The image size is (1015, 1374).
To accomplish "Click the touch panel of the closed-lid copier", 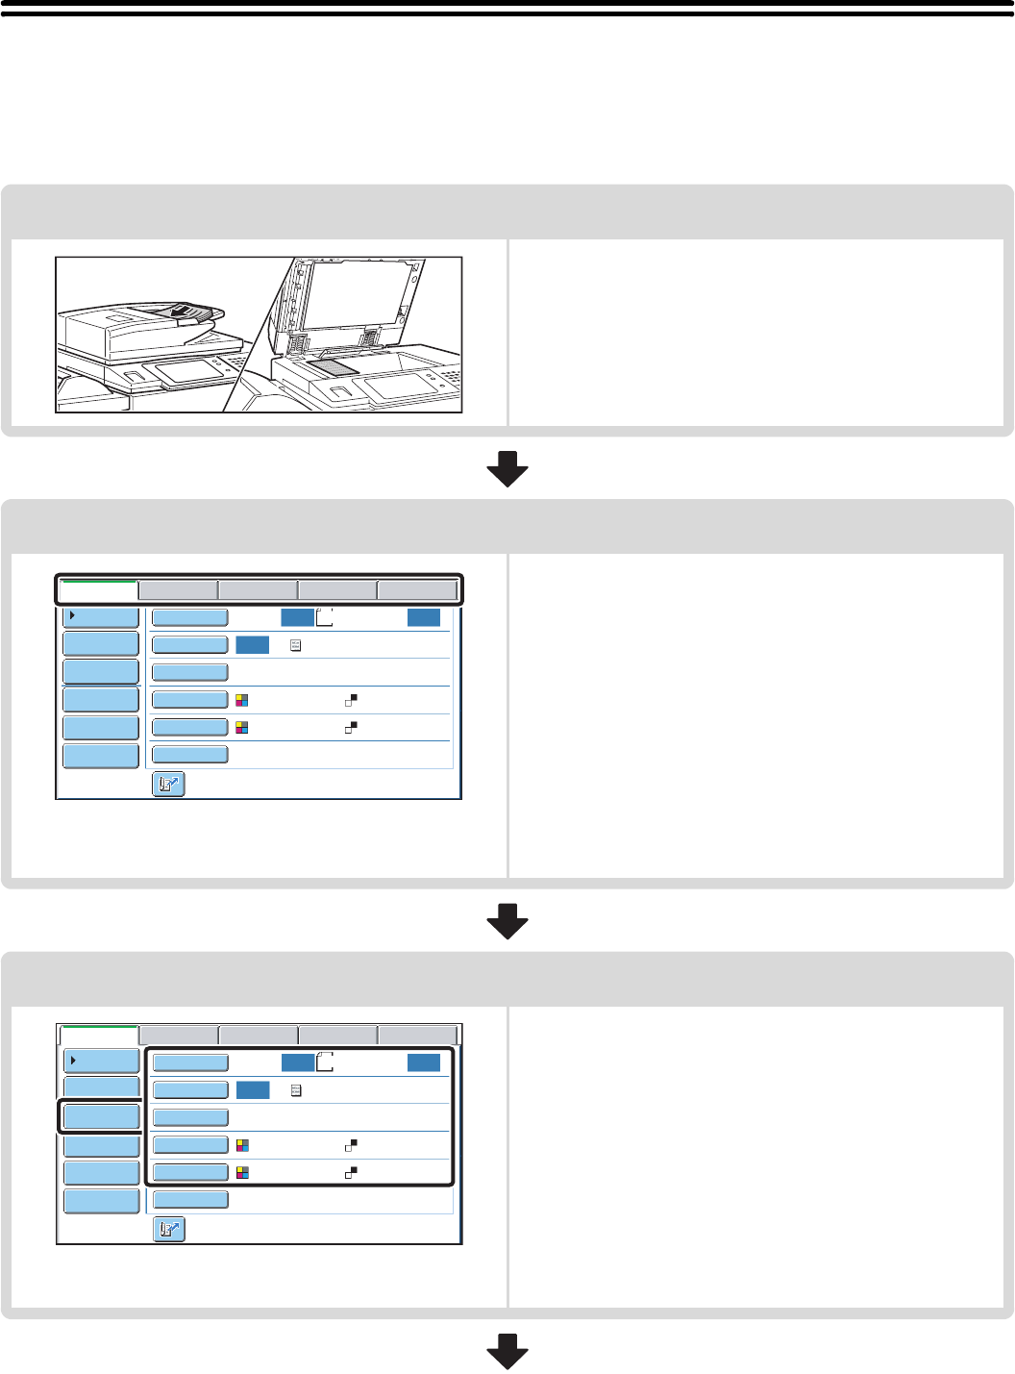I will tap(189, 371).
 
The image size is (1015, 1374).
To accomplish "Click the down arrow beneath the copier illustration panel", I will tap(507, 468).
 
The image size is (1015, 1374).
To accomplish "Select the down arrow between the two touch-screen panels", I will tap(507, 921).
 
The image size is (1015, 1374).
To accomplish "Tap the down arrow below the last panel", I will tap(507, 1351).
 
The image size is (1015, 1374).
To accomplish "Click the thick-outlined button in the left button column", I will tap(101, 1116).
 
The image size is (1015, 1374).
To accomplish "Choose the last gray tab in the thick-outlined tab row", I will tap(416, 589).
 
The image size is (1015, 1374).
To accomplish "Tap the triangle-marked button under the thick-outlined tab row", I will tap(101, 616).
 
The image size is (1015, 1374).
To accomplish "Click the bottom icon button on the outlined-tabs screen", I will tap(169, 785).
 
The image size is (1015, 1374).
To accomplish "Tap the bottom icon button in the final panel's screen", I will tap(169, 1230).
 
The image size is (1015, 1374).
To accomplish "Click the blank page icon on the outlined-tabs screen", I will tap(324, 617).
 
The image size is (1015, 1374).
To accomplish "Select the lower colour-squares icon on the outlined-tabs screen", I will tap(242, 728).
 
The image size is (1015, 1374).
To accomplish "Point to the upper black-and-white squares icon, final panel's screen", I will tap(352, 1145).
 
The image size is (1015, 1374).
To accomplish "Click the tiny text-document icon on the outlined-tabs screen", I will tap(295, 645).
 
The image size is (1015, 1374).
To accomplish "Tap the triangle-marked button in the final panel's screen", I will tap(101, 1061).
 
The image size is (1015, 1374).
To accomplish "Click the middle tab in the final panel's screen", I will tap(259, 1035).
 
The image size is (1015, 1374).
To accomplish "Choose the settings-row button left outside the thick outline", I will tap(190, 1200).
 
